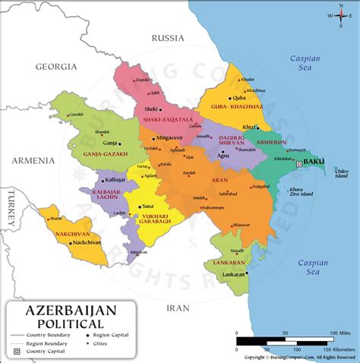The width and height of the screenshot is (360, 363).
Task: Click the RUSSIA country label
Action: coord(168,37)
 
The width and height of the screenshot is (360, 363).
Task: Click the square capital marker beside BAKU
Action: coord(300,163)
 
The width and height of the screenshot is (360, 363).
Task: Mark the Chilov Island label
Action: coord(341,174)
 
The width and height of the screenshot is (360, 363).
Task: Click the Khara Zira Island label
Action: coord(301,190)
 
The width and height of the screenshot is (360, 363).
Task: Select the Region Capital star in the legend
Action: coord(89,335)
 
